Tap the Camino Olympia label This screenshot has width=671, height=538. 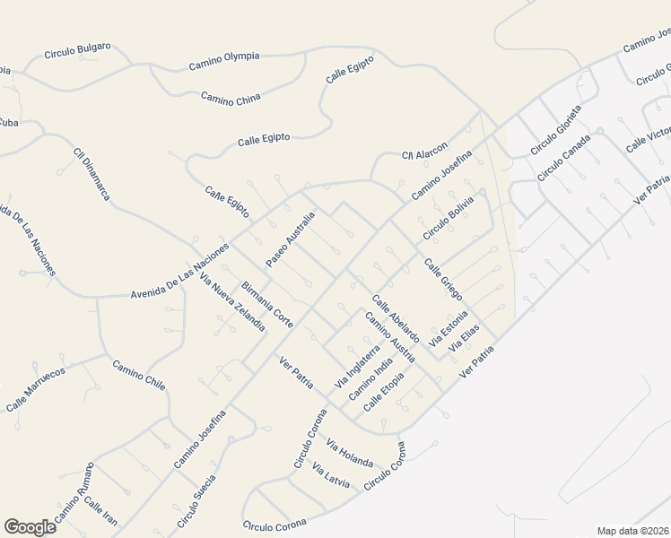coord(223,61)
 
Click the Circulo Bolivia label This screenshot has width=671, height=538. coord(449,216)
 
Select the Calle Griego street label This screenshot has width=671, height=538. coord(443,279)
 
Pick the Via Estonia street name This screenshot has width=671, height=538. coord(449,328)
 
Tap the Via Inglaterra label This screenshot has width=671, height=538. coord(357,367)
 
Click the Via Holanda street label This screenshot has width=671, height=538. coord(350,453)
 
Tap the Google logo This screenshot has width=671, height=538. coord(30,527)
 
